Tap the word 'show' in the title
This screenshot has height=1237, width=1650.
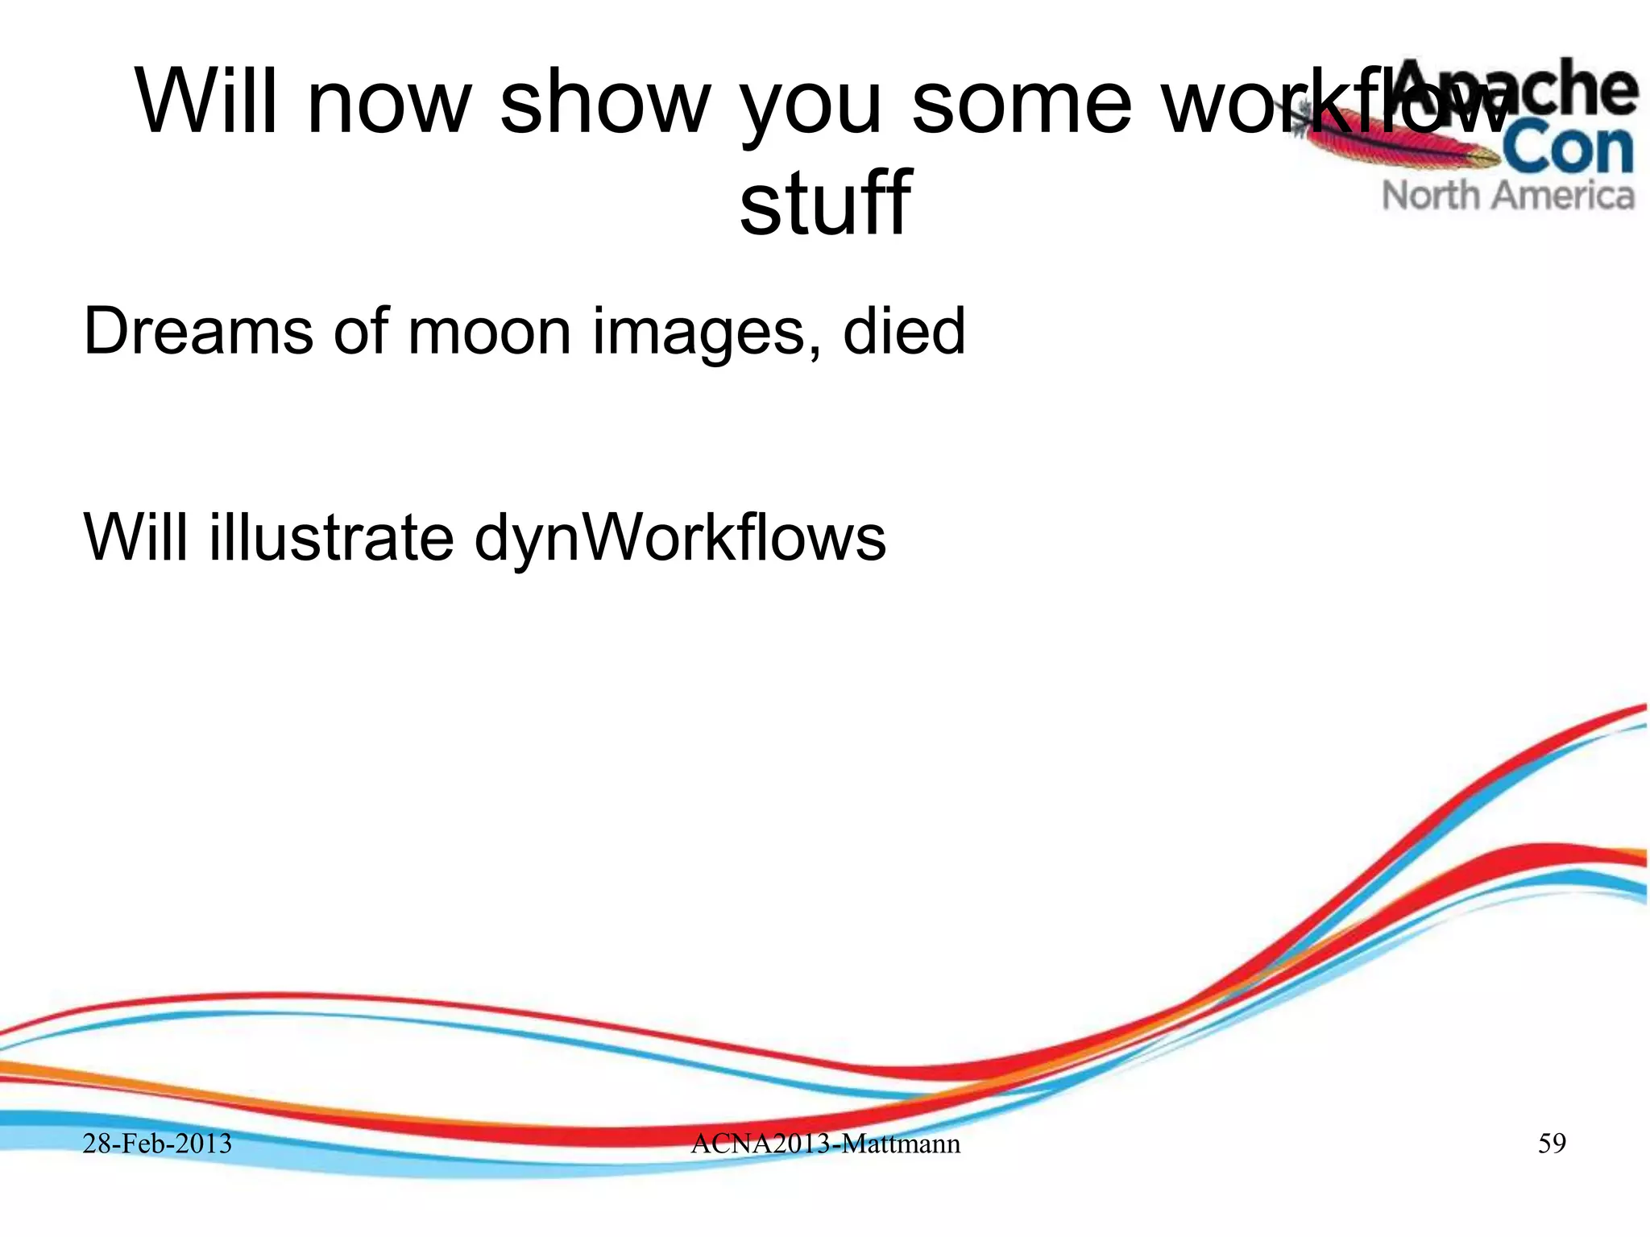click(x=605, y=102)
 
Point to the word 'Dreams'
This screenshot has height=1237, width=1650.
click(x=198, y=331)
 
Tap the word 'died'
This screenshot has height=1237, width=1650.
click(x=904, y=331)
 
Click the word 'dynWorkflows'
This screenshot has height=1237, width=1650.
click(x=680, y=539)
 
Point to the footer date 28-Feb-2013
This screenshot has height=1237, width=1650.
click(x=157, y=1144)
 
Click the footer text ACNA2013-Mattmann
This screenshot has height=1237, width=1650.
click(x=826, y=1144)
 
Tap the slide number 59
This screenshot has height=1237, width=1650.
click(x=1552, y=1144)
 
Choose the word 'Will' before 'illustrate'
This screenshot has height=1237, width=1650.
click(x=136, y=537)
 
